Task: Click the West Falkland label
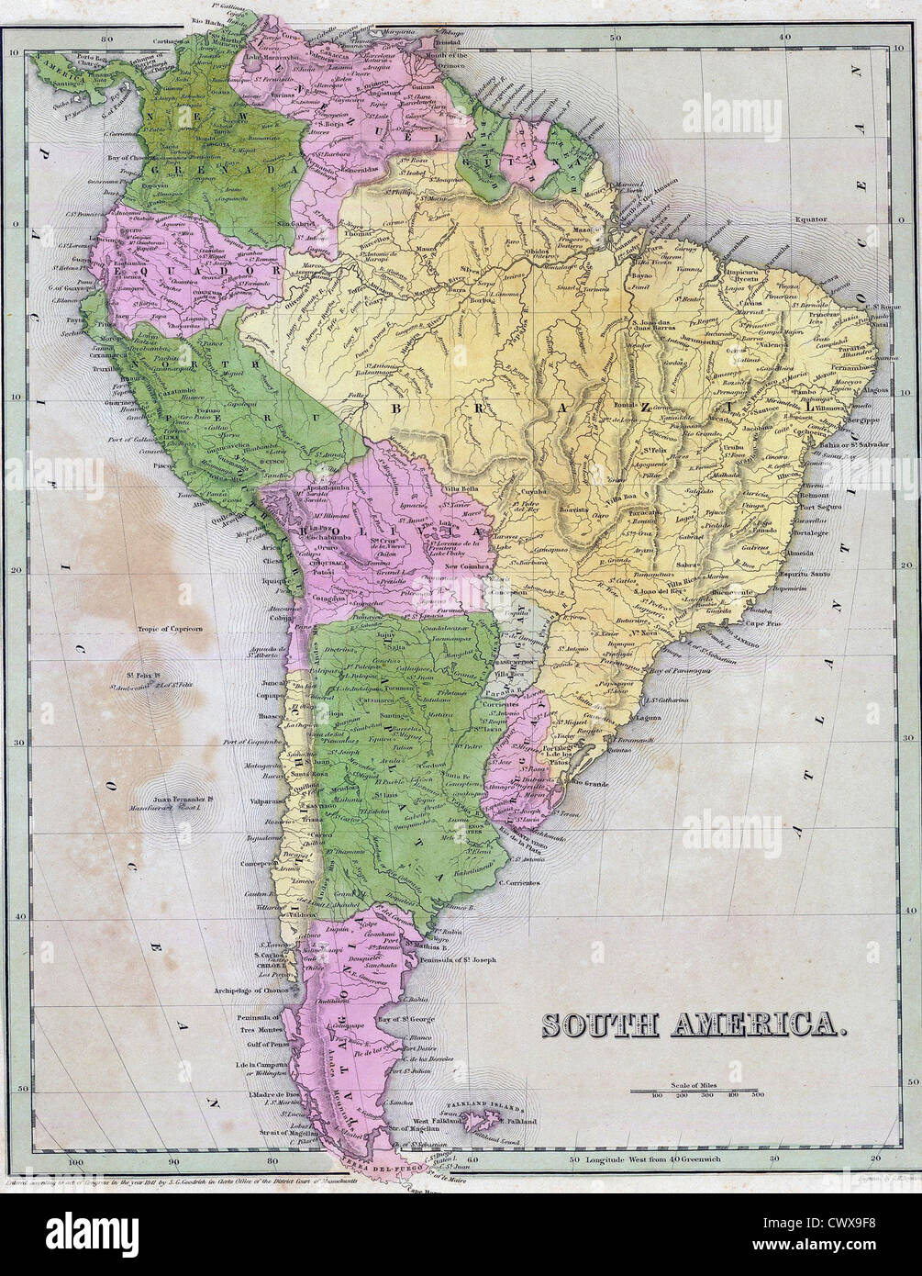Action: [439, 1122]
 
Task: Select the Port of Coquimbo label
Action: [250, 742]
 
